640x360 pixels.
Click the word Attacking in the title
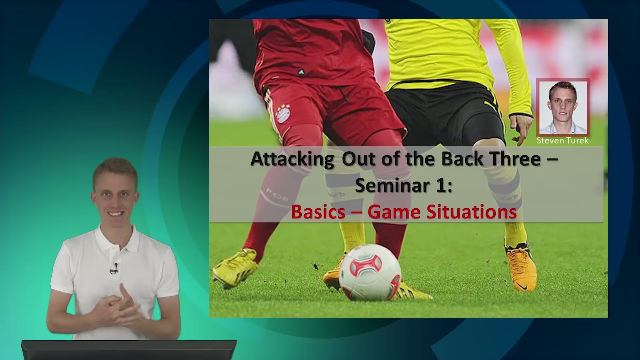click(292, 159)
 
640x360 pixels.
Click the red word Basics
click(318, 212)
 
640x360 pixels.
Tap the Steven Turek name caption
click(563, 141)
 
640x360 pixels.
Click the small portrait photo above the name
click(563, 107)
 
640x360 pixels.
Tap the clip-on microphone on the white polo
click(114, 268)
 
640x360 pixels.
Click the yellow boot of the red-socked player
click(235, 268)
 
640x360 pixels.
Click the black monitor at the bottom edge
click(129, 350)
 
